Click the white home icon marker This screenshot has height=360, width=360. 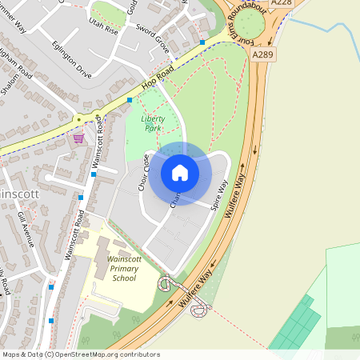click(x=180, y=172)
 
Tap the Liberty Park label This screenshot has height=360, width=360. click(x=152, y=122)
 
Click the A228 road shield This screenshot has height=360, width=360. click(x=281, y=4)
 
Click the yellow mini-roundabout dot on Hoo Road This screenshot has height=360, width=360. click(x=78, y=119)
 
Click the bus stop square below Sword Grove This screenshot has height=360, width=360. click(x=202, y=42)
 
